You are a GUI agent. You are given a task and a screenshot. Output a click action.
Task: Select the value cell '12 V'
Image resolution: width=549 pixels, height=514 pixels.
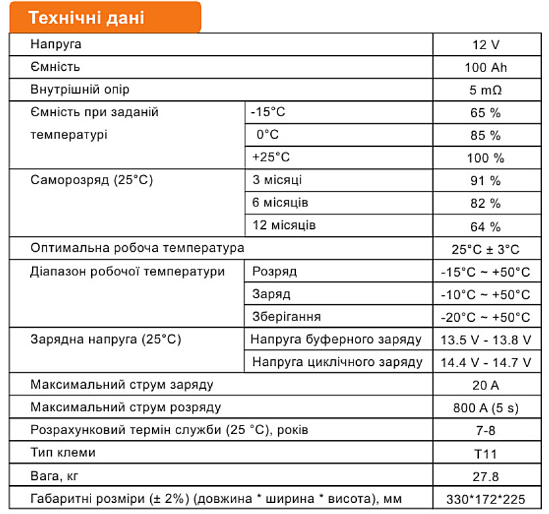(485, 45)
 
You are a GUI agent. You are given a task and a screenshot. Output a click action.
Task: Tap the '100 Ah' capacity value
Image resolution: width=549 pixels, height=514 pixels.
(485, 68)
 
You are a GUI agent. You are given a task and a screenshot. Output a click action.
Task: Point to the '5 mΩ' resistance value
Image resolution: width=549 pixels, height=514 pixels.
(485, 90)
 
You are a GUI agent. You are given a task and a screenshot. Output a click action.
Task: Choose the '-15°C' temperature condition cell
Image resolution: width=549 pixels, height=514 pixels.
(268, 112)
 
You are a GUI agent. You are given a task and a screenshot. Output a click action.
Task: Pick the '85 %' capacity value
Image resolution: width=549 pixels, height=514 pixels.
(485, 136)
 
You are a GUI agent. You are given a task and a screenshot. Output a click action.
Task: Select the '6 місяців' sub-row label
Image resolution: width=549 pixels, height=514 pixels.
(280, 203)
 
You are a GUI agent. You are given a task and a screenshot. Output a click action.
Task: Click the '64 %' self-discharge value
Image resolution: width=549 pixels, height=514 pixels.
(485, 227)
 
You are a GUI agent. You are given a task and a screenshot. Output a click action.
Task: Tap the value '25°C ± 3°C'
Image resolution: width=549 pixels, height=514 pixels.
(485, 249)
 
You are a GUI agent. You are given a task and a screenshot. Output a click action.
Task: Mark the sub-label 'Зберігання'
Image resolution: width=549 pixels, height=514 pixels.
(287, 317)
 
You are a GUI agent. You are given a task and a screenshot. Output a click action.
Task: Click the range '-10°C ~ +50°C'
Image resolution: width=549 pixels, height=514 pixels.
(485, 295)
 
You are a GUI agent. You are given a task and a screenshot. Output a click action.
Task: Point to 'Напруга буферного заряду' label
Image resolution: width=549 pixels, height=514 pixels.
(336, 340)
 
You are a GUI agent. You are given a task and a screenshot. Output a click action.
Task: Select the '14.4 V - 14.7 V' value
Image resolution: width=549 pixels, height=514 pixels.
(485, 362)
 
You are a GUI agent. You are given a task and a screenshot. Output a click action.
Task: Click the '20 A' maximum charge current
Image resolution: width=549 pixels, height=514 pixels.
(485, 385)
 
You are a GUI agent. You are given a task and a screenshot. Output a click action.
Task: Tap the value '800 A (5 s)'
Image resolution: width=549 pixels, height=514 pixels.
(485, 408)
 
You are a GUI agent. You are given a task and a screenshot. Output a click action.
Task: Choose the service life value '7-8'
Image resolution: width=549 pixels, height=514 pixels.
(485, 431)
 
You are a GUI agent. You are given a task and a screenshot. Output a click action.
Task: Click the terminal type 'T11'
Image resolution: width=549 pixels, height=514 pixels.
(485, 453)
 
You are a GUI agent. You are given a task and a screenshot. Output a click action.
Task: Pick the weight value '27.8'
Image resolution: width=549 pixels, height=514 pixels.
(485, 476)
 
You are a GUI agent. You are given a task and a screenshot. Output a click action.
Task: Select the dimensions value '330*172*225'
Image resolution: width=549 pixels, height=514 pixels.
(485, 499)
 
